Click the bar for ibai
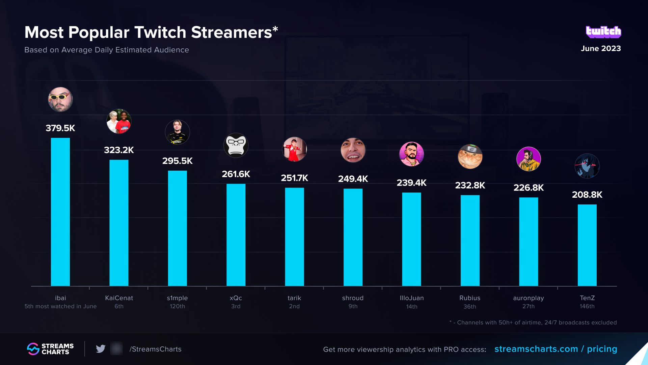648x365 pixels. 60,212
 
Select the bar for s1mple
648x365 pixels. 178,228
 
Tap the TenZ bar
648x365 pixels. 587,245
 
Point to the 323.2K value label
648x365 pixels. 119,150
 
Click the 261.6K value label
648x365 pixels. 236,174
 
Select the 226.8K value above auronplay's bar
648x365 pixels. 529,188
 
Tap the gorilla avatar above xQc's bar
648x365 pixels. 236,145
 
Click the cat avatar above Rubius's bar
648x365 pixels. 470,156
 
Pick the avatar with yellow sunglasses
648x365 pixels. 60,99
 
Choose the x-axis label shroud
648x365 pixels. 353,298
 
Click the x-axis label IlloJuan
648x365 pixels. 411,298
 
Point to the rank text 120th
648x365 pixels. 178,306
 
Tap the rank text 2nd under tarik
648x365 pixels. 294,306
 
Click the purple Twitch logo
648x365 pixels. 603,32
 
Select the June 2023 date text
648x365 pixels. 601,48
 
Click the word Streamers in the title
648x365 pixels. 232,32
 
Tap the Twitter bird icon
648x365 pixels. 101,349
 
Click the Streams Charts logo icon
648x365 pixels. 33,349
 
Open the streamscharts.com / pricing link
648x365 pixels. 556,349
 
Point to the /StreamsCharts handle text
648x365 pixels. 156,349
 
